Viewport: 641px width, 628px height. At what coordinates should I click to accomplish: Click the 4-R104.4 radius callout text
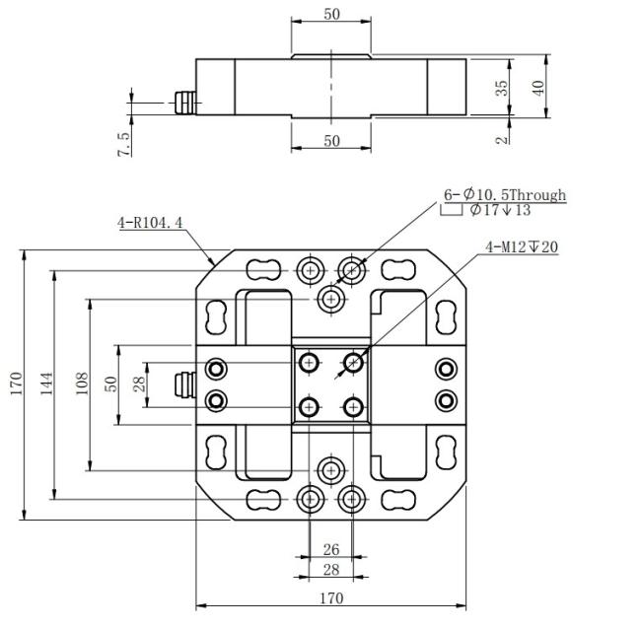[150, 223]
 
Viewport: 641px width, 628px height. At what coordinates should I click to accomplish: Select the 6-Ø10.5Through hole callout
[505, 195]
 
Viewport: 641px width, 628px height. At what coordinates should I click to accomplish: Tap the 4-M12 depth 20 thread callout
[522, 246]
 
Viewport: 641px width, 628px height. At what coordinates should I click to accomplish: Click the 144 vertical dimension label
[46, 384]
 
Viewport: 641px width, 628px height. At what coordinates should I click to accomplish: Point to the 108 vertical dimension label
[82, 384]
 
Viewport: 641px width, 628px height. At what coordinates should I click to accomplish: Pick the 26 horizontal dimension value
[331, 549]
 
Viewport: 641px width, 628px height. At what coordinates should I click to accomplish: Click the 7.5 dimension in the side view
[124, 144]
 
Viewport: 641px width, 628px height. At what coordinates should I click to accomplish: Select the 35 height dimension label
[502, 88]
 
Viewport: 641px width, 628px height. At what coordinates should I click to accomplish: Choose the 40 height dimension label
[538, 88]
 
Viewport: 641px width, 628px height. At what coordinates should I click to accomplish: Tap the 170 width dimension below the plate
[331, 598]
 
